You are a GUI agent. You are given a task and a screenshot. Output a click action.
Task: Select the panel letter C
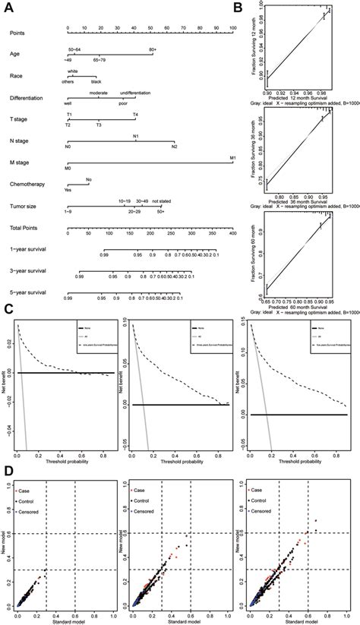[8, 309]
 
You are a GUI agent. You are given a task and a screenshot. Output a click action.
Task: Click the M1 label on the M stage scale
[232, 158]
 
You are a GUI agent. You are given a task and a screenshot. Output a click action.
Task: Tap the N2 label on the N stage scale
[174, 146]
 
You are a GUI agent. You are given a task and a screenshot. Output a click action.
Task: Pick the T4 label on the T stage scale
[136, 115]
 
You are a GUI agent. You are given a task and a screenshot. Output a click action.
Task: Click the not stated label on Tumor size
[161, 201]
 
